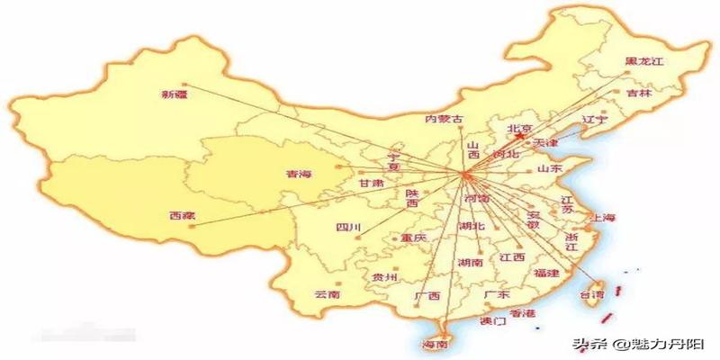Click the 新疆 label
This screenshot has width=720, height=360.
pos(175,94)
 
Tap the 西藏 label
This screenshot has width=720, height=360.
pos(182,215)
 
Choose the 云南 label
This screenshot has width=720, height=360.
pos(328,294)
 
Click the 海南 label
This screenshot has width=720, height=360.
pos(436,345)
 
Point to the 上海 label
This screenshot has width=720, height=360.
pos(601,218)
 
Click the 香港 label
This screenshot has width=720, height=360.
pos(522,313)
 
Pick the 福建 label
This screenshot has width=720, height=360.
pos(546,272)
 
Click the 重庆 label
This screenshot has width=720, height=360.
pos(413,238)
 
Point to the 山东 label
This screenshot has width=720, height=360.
pos(550,168)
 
